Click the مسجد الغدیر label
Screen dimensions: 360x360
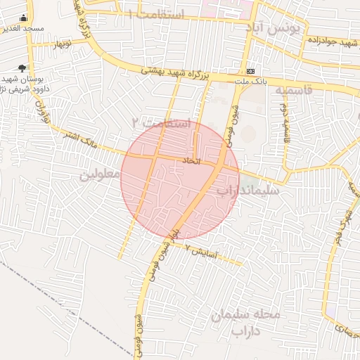[23, 29]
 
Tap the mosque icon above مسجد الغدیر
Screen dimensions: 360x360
[23, 18]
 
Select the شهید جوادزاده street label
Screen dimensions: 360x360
[330, 41]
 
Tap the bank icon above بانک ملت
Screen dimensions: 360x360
[251, 71]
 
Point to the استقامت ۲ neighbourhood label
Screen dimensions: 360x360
[161, 122]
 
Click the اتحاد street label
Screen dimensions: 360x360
[192, 162]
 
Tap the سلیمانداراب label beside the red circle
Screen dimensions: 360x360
[247, 190]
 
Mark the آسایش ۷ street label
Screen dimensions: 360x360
[204, 251]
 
